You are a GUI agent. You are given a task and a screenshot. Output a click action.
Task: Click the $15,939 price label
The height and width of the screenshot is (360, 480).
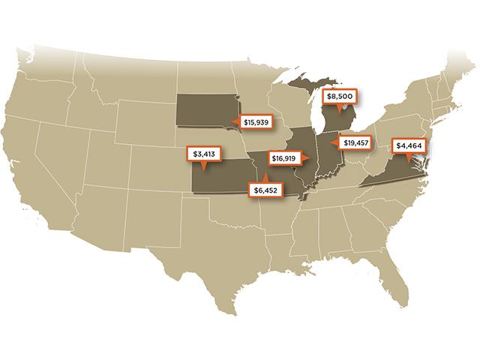coord(256,121)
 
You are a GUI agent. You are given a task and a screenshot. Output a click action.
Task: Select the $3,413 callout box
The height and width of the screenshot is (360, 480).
coord(204,154)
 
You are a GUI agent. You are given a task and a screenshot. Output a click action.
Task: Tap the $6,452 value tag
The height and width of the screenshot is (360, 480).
coord(265,190)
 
